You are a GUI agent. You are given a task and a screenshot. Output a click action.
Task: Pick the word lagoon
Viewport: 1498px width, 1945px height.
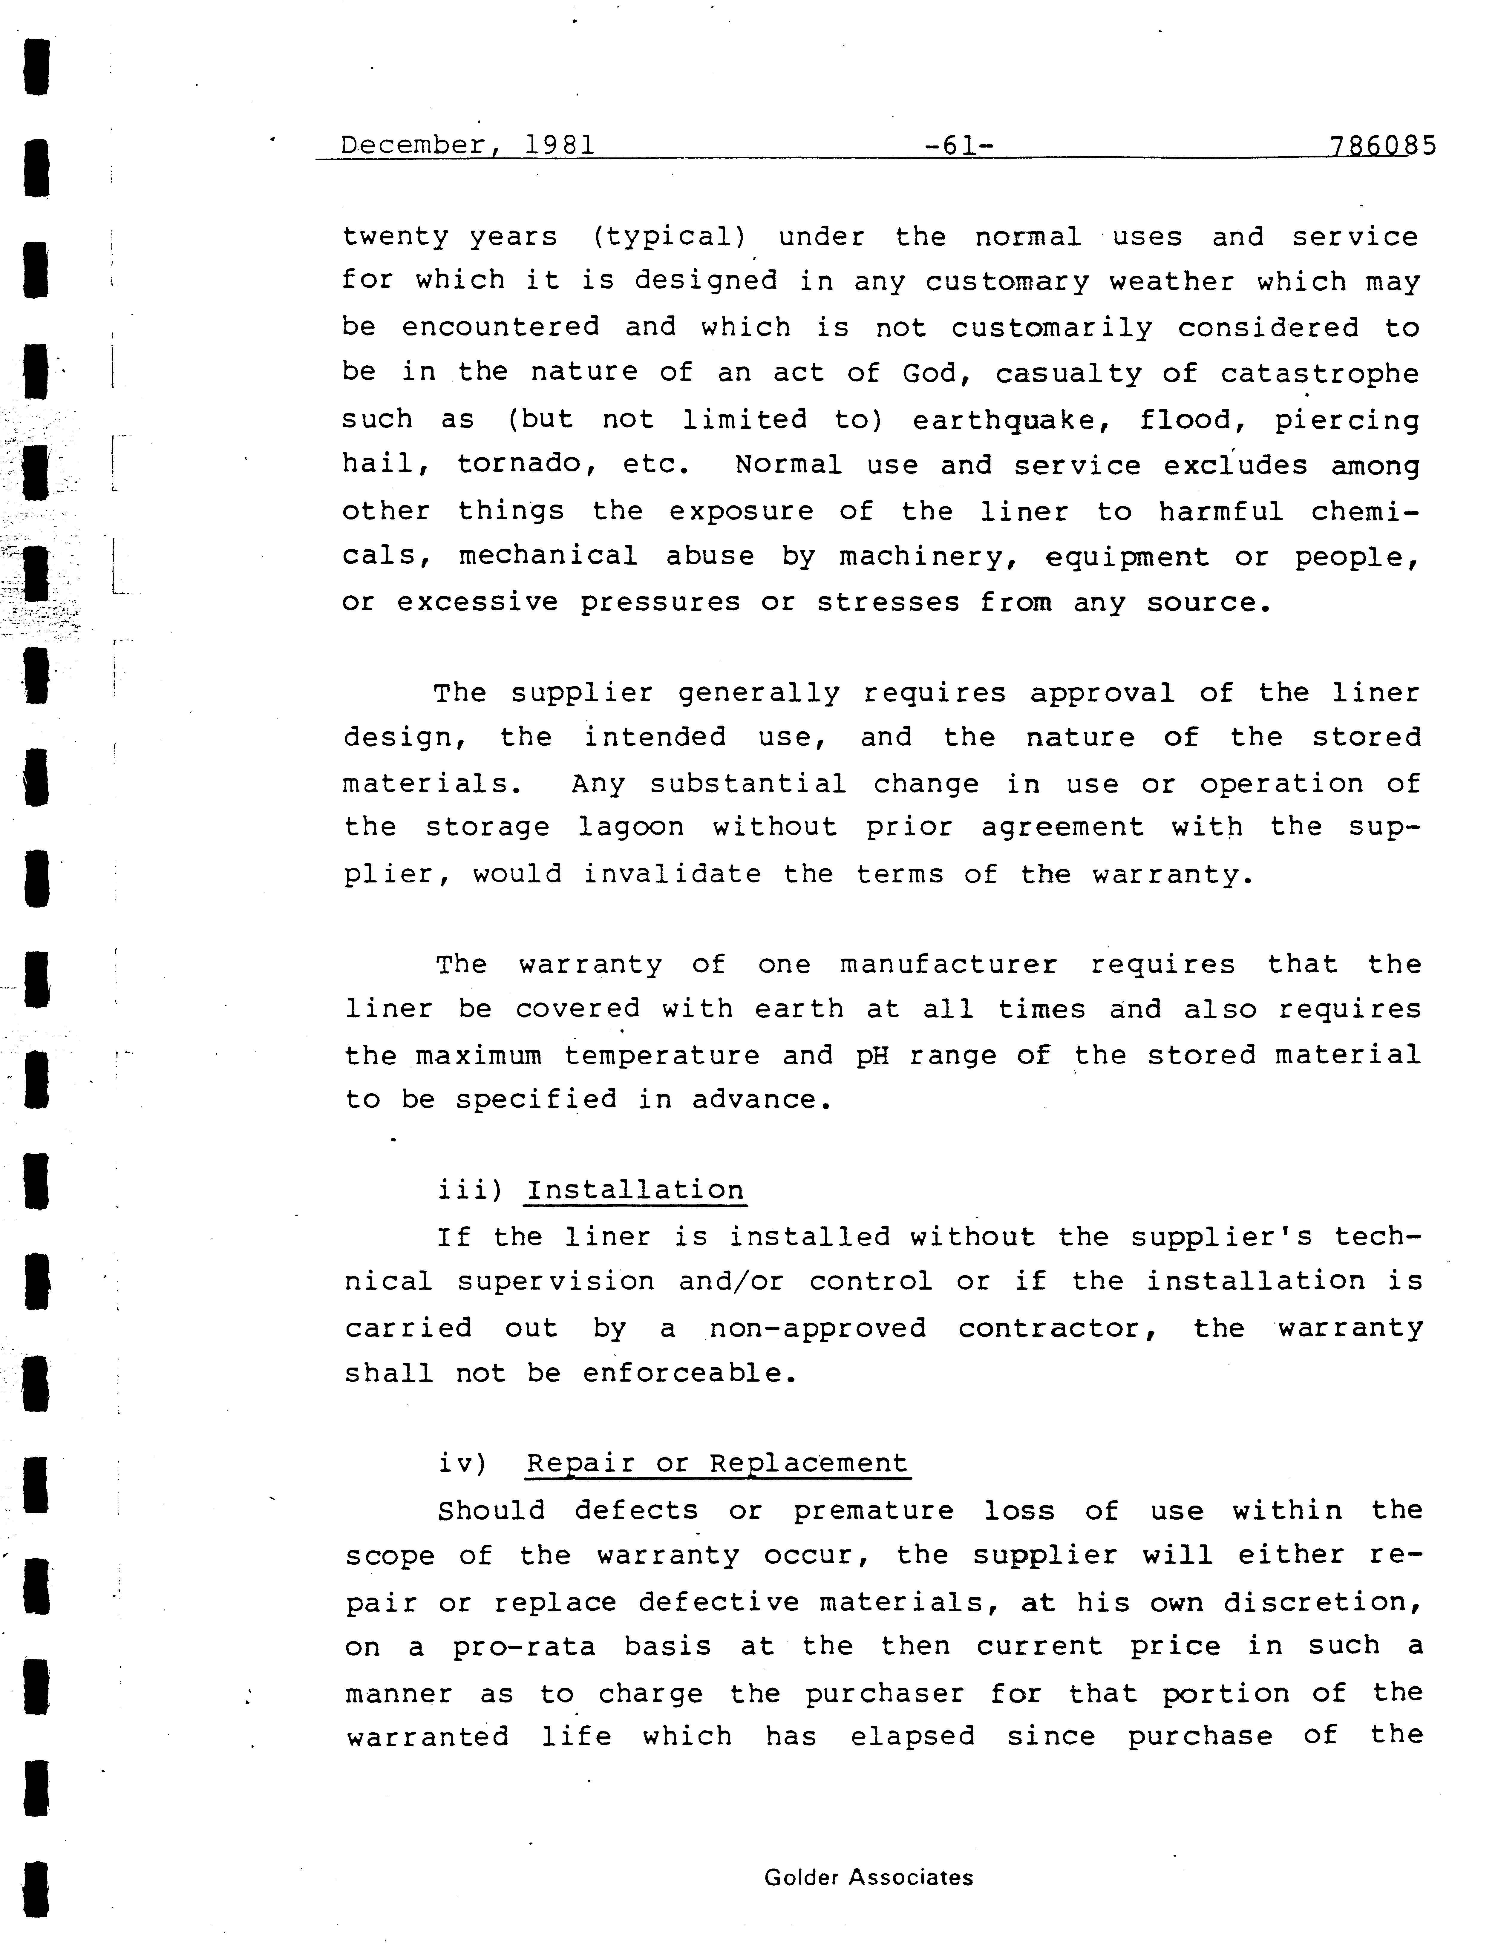pos(631,827)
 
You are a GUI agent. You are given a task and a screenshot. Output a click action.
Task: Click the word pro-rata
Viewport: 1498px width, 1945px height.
pos(524,1647)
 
